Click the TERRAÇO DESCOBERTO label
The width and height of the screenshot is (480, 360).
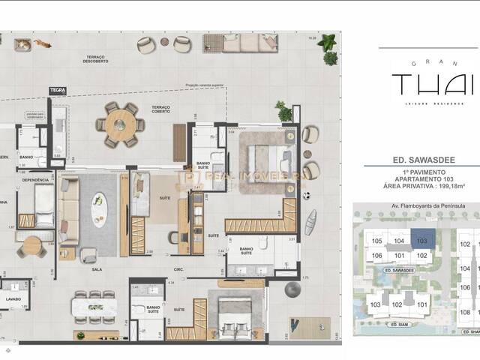tap(95, 60)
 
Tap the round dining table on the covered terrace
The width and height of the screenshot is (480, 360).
tap(121, 124)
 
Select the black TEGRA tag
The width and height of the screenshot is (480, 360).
tap(57, 91)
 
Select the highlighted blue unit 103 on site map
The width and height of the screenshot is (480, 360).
tap(421, 241)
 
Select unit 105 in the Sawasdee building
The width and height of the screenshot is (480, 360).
tap(376, 241)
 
